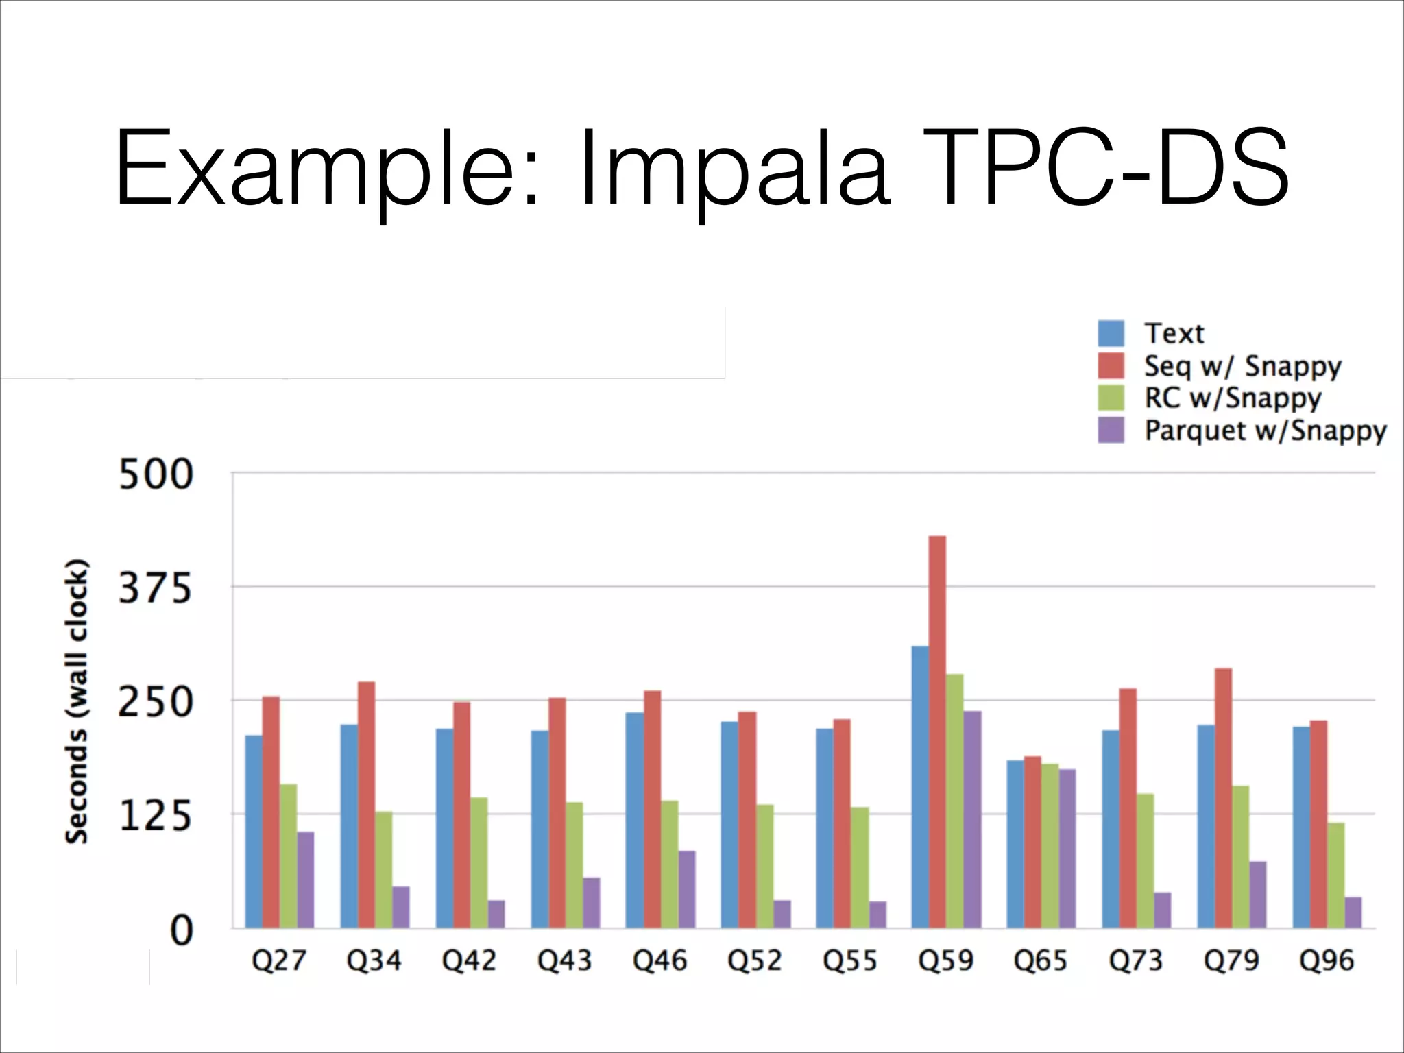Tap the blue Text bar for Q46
point(635,820)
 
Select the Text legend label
point(1174,334)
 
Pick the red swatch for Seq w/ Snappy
point(1111,366)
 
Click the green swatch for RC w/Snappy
point(1111,398)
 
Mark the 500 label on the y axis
point(156,474)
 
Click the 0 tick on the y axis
point(181,930)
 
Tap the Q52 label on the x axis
point(755,960)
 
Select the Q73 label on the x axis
point(1136,960)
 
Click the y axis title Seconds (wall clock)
point(77,701)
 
